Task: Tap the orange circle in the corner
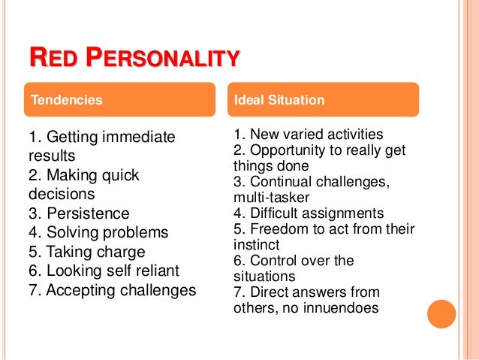coord(441,314)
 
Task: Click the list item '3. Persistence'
coord(79,213)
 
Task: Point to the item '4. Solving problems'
coord(98,233)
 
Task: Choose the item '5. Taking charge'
coord(86,252)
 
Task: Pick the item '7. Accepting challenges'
coord(112,290)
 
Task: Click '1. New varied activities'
coord(308,135)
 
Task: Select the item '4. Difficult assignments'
coord(309,213)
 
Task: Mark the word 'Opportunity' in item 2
coord(287,150)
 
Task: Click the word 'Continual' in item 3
coord(278,181)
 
